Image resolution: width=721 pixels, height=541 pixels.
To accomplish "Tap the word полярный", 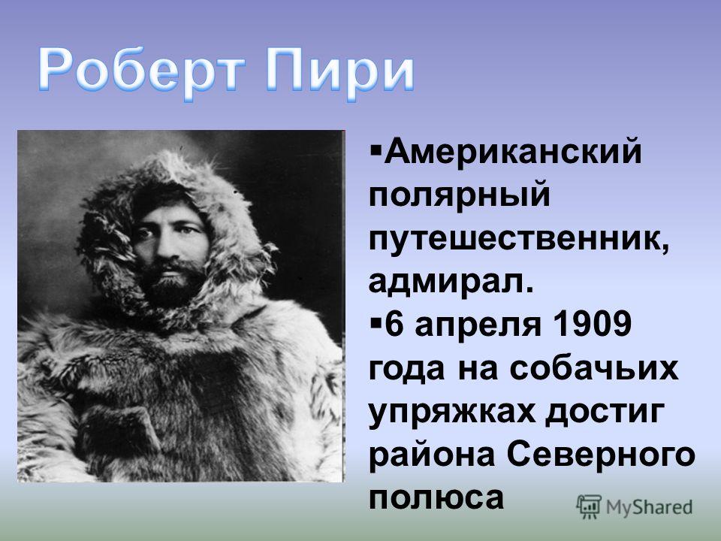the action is coord(460,195).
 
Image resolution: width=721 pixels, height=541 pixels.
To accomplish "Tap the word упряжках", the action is coord(452,413).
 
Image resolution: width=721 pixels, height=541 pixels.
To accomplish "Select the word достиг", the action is coord(605,412).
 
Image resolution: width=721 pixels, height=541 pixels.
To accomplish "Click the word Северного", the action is coord(601,455).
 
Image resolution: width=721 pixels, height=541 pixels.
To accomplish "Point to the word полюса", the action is coord(436,497).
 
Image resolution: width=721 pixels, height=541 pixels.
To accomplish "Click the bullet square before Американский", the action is coord(375,150).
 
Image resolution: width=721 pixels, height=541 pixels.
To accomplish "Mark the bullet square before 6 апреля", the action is coord(375,322).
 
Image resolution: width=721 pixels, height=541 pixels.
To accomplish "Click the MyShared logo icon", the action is coord(589,507).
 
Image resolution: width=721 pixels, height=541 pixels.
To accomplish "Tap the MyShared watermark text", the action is coord(649,507).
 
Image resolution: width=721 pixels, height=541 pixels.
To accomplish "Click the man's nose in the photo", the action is coord(164,247).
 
